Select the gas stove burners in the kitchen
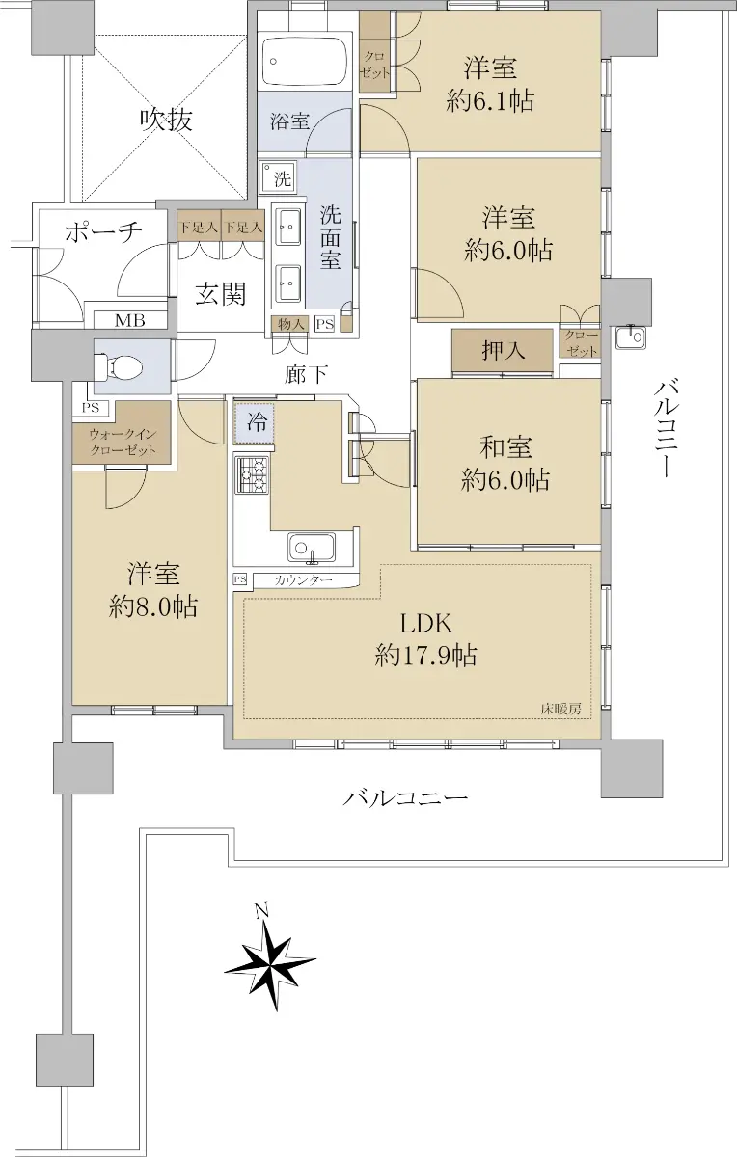[x=252, y=474]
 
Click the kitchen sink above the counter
[x=312, y=548]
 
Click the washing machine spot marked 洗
[x=278, y=178]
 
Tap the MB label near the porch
[x=129, y=321]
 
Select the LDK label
[x=426, y=624]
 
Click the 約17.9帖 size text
[x=425, y=657]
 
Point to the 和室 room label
[x=506, y=447]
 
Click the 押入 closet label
[x=503, y=351]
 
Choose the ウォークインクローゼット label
[x=123, y=443]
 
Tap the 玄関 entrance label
[x=220, y=294]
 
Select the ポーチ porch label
[x=103, y=232]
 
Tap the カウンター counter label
[x=303, y=580]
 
